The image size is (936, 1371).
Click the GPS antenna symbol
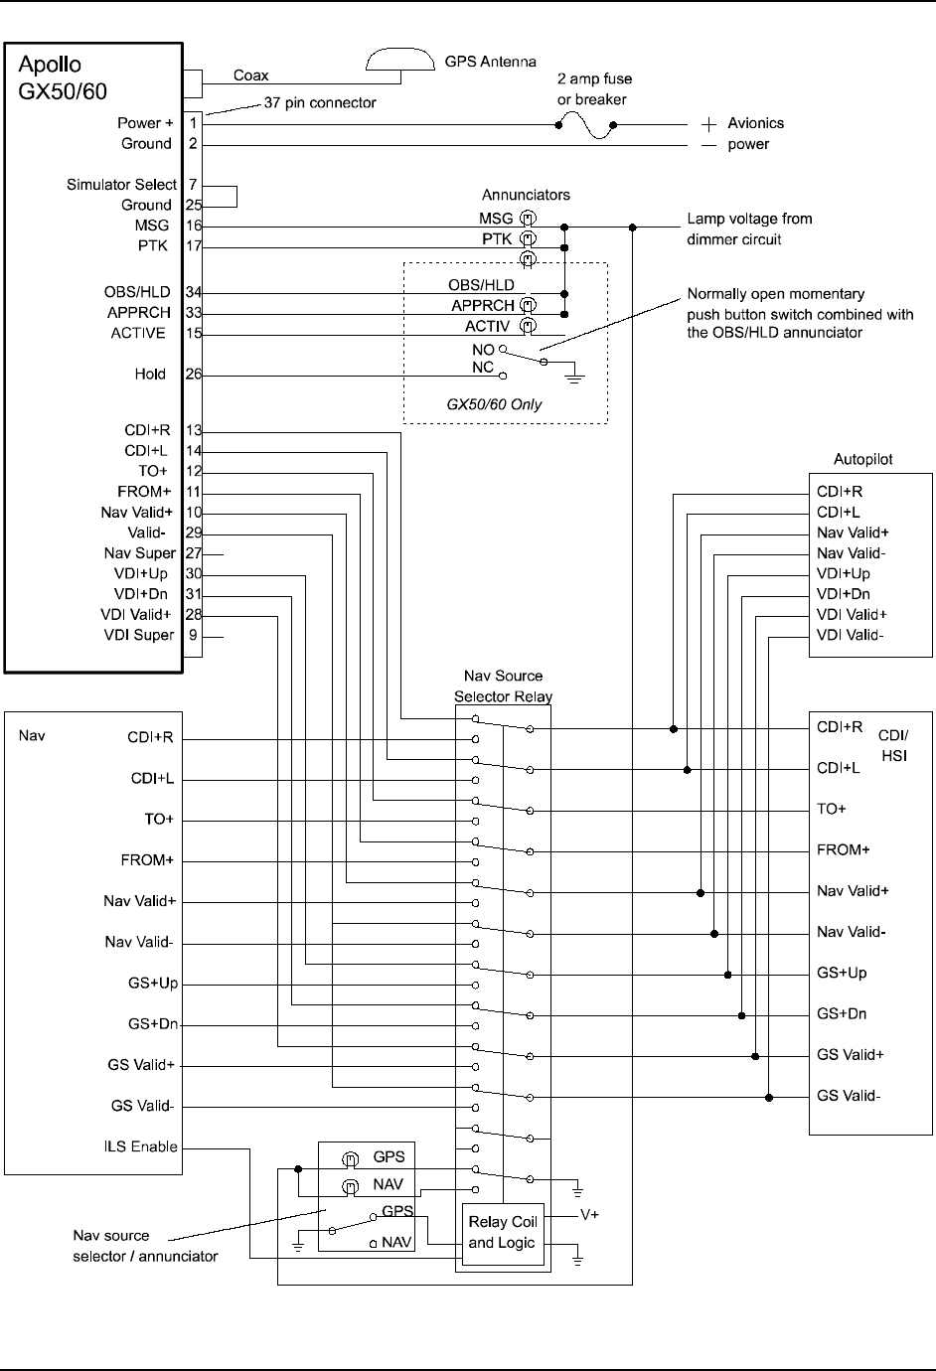click(399, 61)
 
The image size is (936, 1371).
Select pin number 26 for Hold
click(193, 375)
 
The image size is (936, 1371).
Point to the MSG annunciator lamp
click(530, 218)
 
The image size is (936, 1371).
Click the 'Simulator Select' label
click(121, 185)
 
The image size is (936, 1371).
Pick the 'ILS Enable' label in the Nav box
click(141, 1146)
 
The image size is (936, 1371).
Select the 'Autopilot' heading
click(862, 460)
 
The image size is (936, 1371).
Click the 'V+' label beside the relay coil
click(589, 1214)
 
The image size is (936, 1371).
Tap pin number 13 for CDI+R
click(193, 430)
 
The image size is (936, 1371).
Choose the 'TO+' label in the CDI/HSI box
click(832, 809)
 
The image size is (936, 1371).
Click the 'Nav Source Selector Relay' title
click(503, 686)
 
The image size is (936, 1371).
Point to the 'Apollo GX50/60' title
click(63, 77)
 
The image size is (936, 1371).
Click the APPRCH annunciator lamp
click(530, 306)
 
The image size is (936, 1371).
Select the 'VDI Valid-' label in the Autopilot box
click(850, 635)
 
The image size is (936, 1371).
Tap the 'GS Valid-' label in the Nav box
click(142, 1106)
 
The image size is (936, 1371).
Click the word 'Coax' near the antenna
click(250, 75)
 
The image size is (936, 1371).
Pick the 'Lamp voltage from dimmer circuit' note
click(749, 228)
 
